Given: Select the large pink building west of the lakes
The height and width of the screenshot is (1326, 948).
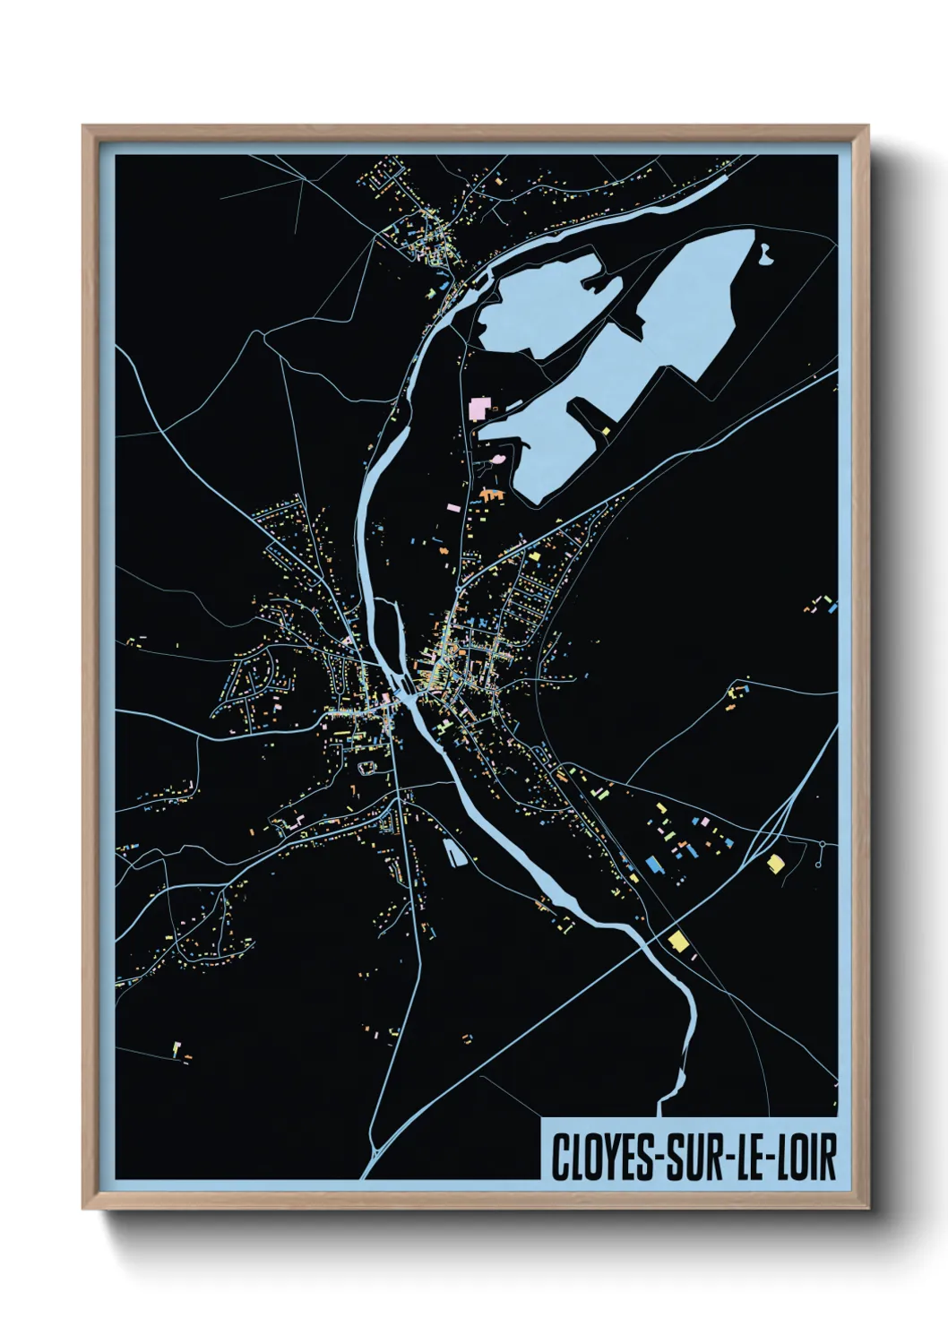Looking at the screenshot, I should coord(479,409).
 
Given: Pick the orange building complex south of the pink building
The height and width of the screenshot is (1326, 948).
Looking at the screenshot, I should coord(492,493).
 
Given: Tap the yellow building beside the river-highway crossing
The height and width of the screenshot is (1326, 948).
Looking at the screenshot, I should coord(678,941).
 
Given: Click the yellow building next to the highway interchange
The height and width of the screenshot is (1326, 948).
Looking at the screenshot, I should coord(775,863).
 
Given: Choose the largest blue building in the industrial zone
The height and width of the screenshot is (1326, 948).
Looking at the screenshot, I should coord(653,865).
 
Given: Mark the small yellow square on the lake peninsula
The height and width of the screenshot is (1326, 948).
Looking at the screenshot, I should coord(607,431).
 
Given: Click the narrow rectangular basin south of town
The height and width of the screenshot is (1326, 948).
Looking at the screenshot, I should coord(455,852).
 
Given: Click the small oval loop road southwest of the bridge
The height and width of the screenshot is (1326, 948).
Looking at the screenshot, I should coord(366,767).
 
